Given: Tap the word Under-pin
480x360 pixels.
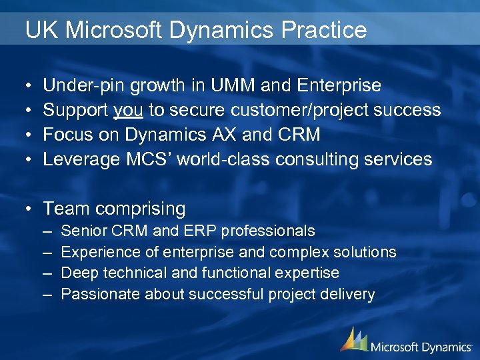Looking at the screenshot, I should point(85,85).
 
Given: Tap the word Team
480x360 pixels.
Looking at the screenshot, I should point(67,209).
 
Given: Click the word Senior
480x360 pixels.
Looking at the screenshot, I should point(83,231).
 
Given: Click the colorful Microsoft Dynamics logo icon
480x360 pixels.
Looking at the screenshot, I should point(353,339).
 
